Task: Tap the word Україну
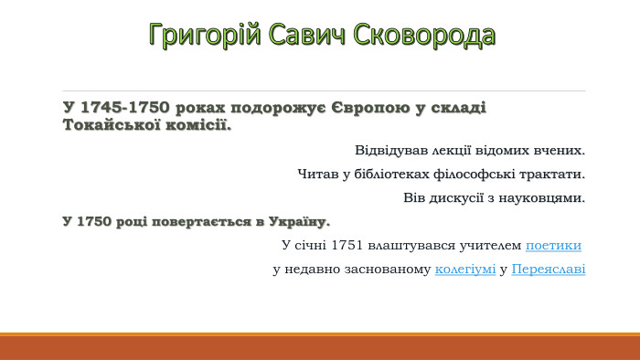click(300, 222)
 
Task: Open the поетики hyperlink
click(553, 246)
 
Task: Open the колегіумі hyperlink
click(465, 270)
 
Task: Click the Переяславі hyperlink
click(549, 270)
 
